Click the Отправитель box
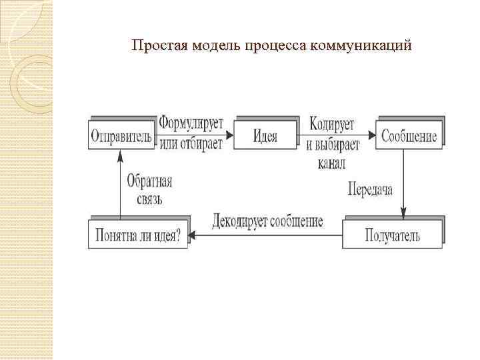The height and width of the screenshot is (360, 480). click(121, 137)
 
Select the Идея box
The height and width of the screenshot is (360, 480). click(265, 137)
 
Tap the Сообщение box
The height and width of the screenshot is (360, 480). click(409, 137)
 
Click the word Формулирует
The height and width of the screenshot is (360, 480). click(191, 124)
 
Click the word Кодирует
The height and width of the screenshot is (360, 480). click(332, 124)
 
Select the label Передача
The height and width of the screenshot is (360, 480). click(371, 189)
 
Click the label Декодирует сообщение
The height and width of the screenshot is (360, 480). click(268, 221)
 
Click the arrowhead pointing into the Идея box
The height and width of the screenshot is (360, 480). click(230, 136)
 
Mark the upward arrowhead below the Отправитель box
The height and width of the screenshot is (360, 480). click(121, 155)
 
